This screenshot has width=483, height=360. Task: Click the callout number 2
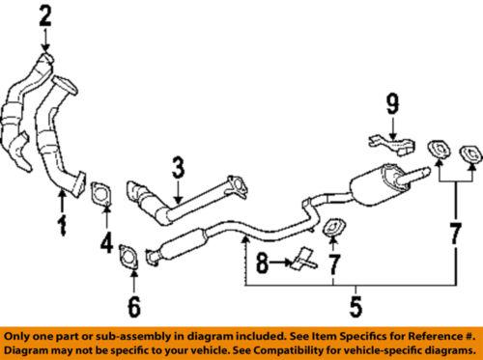pyautogui.click(x=45, y=16)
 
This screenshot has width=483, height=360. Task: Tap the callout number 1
pyautogui.click(x=62, y=226)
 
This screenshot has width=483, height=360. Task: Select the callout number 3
pyautogui.click(x=178, y=167)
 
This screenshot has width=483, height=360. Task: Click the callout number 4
pyautogui.click(x=106, y=242)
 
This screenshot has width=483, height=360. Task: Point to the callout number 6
pyautogui.click(x=134, y=307)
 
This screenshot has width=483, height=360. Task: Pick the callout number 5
pyautogui.click(x=355, y=307)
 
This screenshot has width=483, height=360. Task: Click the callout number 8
pyautogui.click(x=263, y=263)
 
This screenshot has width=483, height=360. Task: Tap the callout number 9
pyautogui.click(x=392, y=103)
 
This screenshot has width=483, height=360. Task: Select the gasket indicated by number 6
pyautogui.click(x=128, y=256)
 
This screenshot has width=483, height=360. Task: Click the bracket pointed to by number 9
pyautogui.click(x=392, y=146)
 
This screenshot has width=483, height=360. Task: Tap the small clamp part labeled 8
pyautogui.click(x=304, y=260)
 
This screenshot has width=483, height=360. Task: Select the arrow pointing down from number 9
pyautogui.click(x=392, y=128)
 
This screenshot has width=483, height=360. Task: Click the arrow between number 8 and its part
pyautogui.click(x=280, y=263)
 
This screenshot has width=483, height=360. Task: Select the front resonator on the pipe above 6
pyautogui.click(x=183, y=243)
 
